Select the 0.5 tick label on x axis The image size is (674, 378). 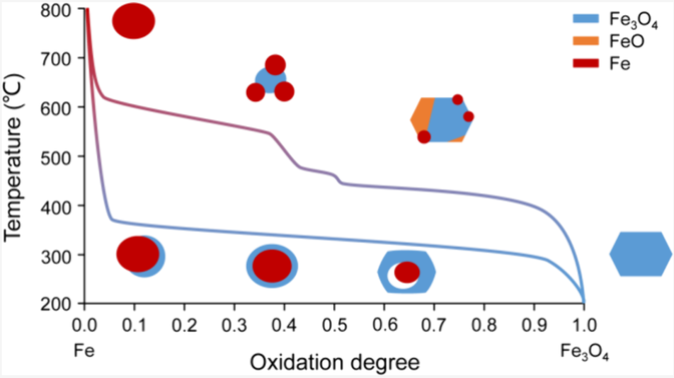pos(334,325)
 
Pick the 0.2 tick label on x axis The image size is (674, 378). pos(185,325)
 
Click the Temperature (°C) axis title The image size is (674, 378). pos(13,158)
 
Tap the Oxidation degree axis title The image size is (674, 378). pos(335,362)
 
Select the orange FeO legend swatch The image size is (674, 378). pos(586,41)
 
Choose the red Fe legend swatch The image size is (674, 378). pos(586,63)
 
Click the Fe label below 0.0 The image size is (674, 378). pos(84,350)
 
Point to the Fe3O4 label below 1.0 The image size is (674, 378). pos(584,352)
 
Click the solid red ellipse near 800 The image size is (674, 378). pos(134,21)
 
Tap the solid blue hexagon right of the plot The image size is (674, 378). pos(640,254)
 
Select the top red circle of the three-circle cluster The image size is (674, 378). pos(275,65)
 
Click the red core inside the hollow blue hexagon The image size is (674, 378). pos(407,272)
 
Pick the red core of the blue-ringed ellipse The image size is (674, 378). pos(272,266)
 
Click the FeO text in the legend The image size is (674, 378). pos(627,41)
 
